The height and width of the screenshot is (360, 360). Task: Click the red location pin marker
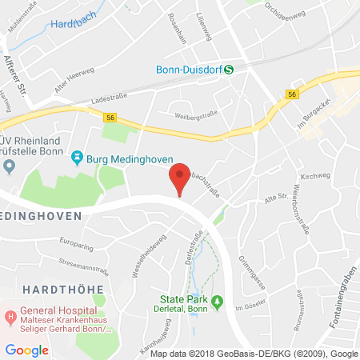coord(179,176)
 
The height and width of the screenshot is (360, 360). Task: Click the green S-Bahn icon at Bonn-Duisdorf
coord(229,69)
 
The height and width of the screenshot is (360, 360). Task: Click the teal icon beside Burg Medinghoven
coord(78,156)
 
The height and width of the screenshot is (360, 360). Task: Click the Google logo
coord(26,349)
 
